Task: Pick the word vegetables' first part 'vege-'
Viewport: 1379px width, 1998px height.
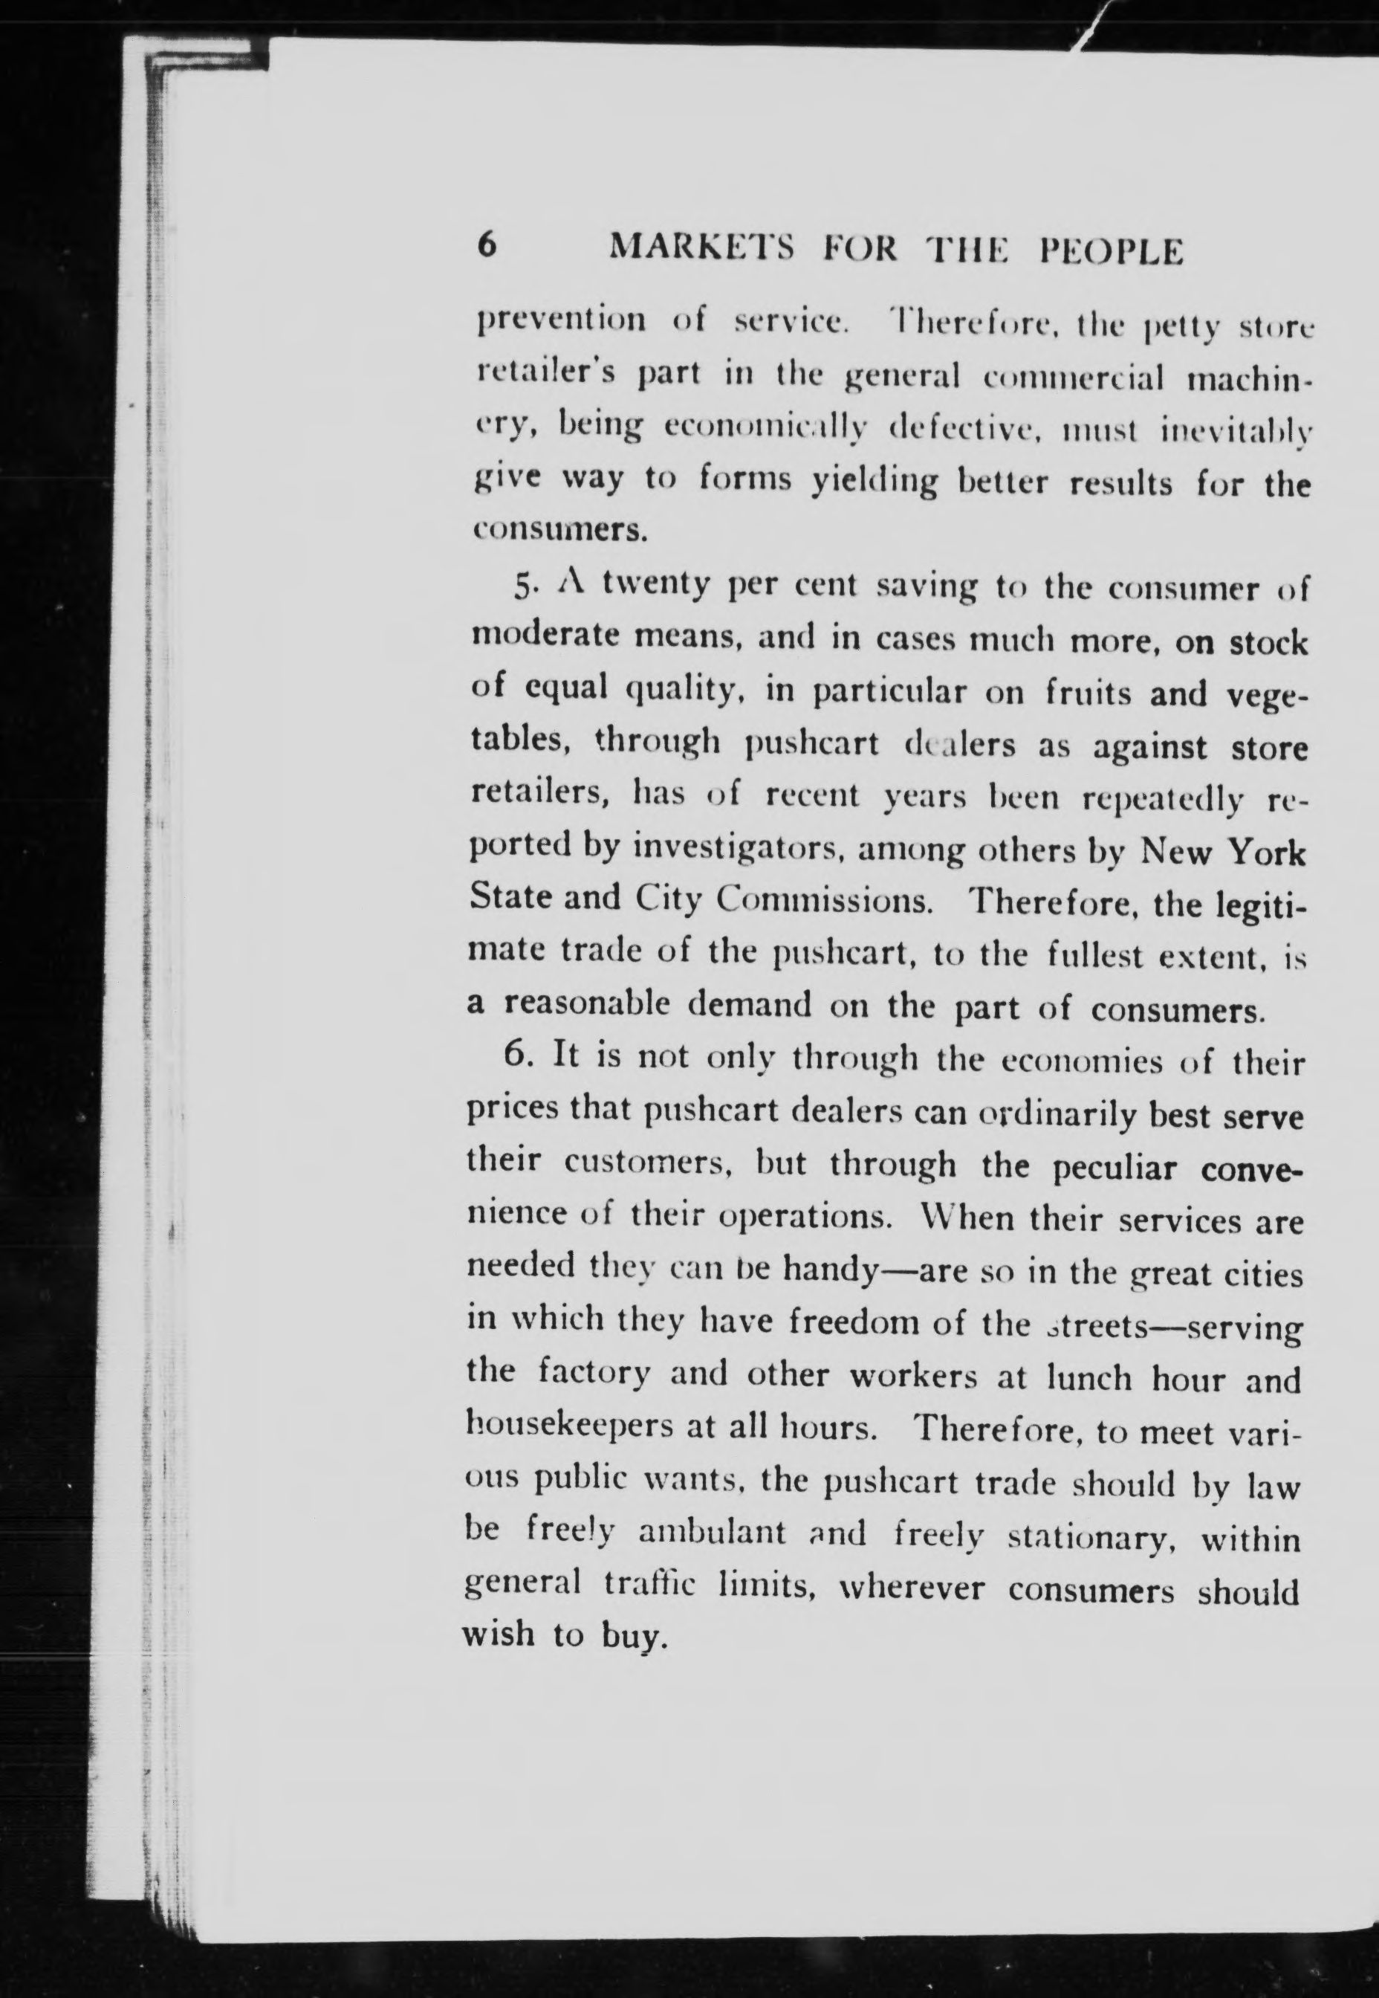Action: [1267, 696]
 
